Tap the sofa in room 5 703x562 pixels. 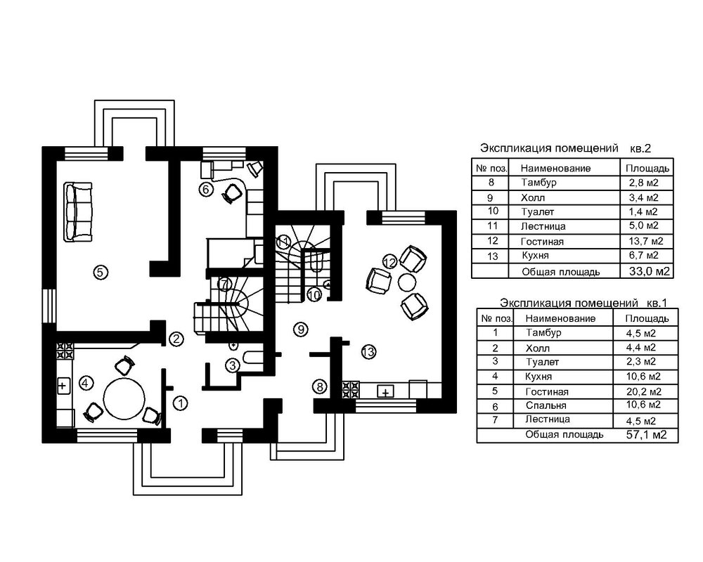pos(77,211)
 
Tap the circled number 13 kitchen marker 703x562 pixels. pos(368,352)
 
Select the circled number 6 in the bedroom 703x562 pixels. pos(206,188)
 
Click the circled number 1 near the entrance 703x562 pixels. pos(181,403)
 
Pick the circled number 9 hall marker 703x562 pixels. pos(300,328)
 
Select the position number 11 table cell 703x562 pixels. pos(491,226)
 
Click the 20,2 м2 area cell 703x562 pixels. pos(641,391)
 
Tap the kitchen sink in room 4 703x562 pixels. pos(63,385)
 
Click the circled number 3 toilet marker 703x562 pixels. pos(232,365)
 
